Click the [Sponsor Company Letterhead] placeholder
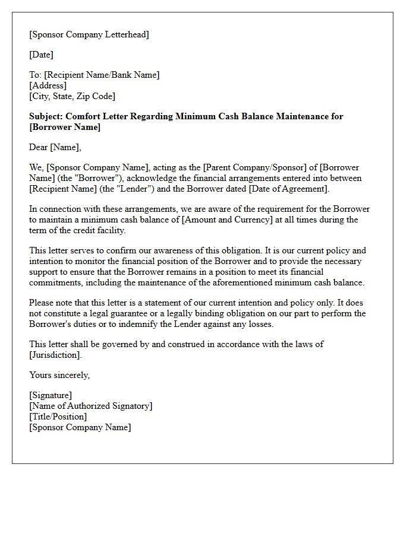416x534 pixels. pyautogui.click(x=89, y=34)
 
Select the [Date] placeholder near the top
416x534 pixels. pyautogui.click(x=41, y=55)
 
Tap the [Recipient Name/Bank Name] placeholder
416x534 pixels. pyautogui.click(x=102, y=75)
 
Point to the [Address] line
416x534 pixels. pyautogui.click(x=48, y=85)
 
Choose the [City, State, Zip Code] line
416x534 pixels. pyautogui.click(x=72, y=96)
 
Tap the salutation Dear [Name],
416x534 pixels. pyautogui.click(x=55, y=147)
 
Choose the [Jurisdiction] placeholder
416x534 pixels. pyautogui.click(x=54, y=355)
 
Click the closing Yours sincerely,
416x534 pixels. pyautogui.click(x=59, y=375)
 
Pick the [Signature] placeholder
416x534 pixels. pyautogui.click(x=51, y=395)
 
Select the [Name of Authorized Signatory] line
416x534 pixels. pyautogui.click(x=90, y=406)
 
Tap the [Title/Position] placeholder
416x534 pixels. pyautogui.click(x=58, y=417)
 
